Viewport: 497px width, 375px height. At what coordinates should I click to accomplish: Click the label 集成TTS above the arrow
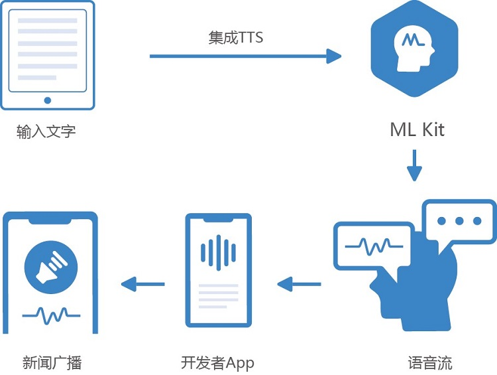point(236,38)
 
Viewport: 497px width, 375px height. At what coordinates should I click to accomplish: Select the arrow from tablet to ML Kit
point(245,56)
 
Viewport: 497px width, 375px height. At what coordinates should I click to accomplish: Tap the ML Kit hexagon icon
point(414,50)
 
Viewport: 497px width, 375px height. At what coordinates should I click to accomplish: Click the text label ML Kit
point(417,129)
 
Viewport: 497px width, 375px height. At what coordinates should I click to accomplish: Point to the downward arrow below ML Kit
point(414,165)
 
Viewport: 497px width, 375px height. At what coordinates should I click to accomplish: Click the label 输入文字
point(46,131)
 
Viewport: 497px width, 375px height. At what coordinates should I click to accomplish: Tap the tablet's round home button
point(47,100)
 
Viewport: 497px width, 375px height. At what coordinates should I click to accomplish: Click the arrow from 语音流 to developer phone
point(299,285)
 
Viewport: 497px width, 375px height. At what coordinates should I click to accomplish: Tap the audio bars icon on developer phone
point(218,252)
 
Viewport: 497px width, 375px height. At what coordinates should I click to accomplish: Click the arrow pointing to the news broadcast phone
point(143,285)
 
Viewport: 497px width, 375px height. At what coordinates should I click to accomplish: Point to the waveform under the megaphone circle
point(51,314)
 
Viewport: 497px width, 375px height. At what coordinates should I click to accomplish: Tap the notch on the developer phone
point(218,220)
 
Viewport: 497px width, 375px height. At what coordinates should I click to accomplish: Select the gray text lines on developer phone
point(218,293)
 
